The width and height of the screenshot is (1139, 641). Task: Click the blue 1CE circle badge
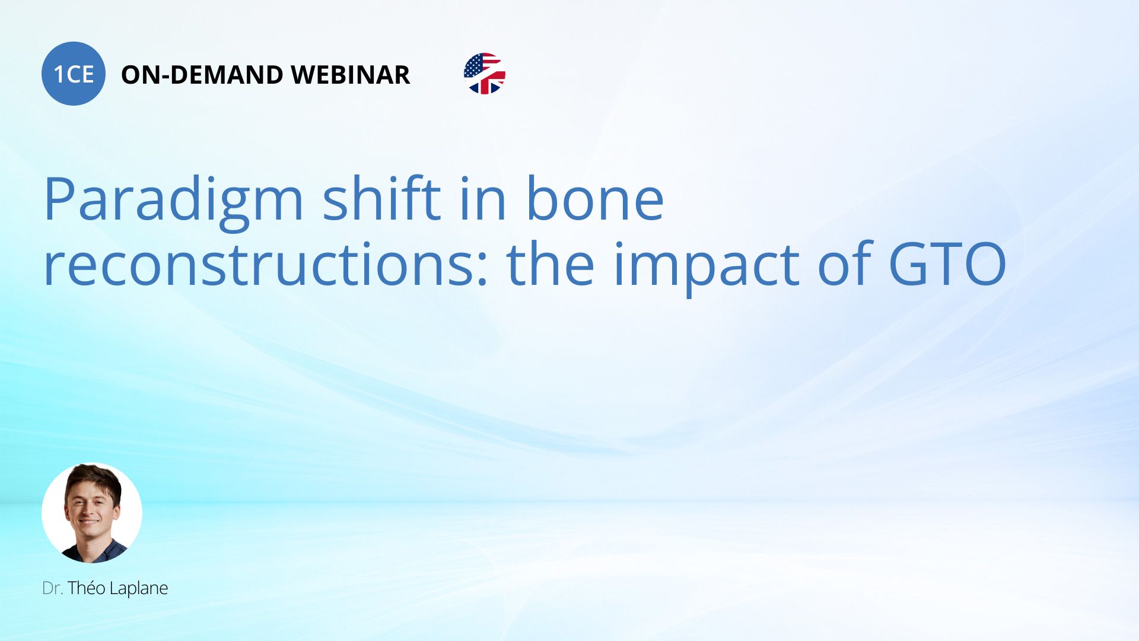tap(74, 74)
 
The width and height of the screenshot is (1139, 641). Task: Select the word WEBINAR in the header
tap(351, 75)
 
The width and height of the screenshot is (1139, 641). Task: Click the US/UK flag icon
tap(485, 74)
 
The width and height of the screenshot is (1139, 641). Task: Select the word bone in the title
tap(595, 199)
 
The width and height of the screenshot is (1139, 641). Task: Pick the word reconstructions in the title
tap(258, 265)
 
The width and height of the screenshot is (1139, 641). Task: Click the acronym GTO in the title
tap(947, 264)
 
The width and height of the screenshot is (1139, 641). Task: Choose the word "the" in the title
tap(551, 264)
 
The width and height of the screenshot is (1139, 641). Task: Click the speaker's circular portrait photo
tap(92, 513)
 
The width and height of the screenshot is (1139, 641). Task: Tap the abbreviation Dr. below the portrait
tap(52, 588)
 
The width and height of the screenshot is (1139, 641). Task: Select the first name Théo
tap(87, 588)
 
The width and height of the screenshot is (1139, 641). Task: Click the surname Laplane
tap(139, 589)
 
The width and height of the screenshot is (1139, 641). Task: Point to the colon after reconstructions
tap(482, 270)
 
